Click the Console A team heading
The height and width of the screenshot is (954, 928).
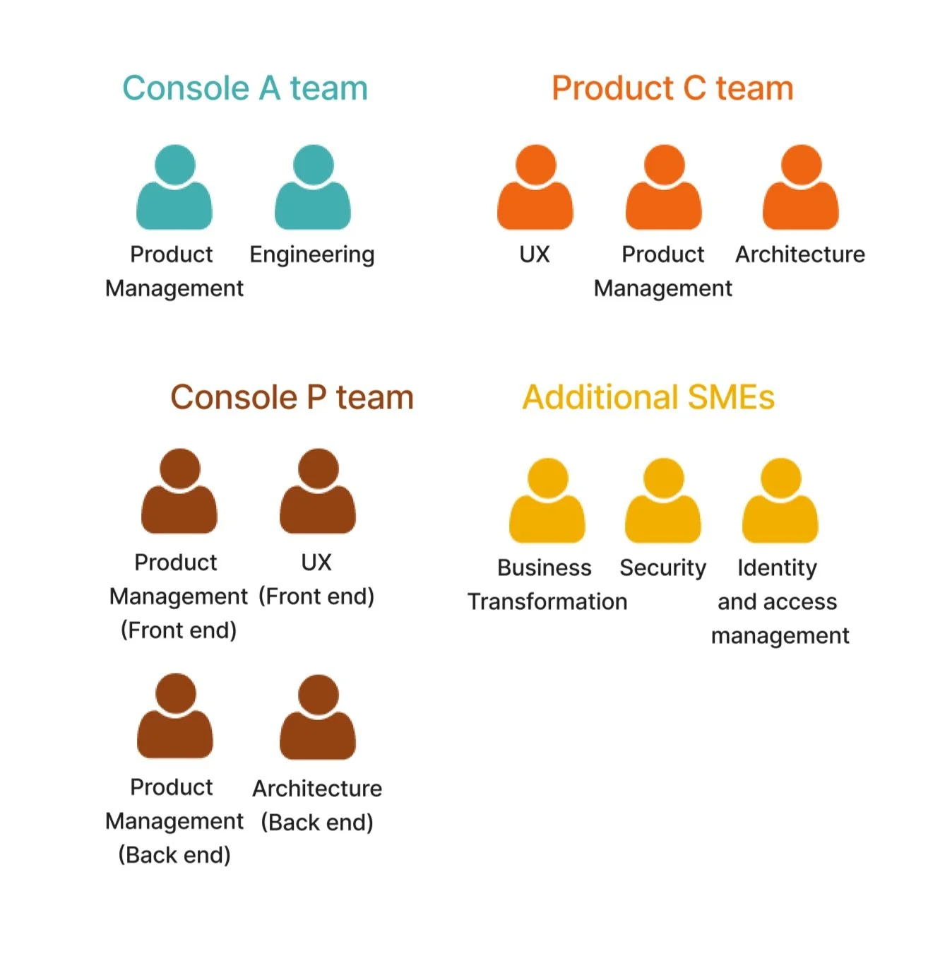(244, 88)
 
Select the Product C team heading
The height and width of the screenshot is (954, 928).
(672, 88)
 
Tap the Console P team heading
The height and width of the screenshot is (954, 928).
(292, 397)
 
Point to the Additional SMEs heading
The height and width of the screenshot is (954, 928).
(648, 397)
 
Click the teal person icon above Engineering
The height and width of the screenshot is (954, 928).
(313, 188)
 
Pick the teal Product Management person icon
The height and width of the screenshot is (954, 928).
(174, 188)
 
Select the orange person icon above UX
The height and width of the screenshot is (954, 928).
(535, 188)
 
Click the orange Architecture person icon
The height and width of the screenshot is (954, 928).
(801, 188)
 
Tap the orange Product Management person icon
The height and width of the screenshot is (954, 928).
(664, 188)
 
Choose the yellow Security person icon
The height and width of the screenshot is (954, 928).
(663, 501)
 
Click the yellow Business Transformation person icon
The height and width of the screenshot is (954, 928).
(547, 501)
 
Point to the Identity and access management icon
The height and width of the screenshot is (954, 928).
(780, 501)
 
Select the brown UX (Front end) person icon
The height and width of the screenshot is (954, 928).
(318, 491)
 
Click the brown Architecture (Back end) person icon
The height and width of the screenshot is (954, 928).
(318, 717)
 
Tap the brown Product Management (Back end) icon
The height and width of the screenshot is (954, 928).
(175, 716)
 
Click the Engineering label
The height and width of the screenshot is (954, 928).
(312, 254)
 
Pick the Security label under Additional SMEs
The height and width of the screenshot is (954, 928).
(662, 568)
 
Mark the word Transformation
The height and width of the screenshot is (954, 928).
(547, 602)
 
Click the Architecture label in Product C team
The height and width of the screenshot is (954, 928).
(800, 254)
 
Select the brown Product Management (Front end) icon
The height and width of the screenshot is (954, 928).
(179, 491)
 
